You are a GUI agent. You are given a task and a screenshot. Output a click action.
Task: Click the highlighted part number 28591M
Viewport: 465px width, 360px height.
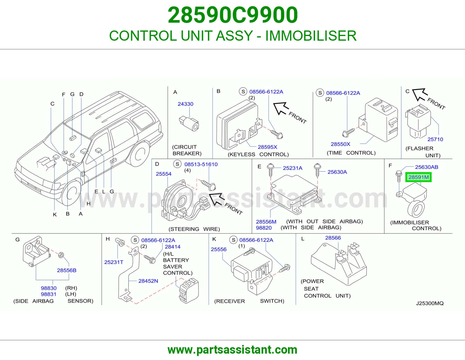click(x=418, y=177)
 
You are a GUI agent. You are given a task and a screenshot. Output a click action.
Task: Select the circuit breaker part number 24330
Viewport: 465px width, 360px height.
click(x=185, y=104)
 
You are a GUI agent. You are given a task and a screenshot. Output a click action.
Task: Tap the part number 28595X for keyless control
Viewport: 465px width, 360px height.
click(x=267, y=147)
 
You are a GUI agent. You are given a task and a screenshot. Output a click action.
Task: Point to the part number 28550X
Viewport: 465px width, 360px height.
click(x=340, y=144)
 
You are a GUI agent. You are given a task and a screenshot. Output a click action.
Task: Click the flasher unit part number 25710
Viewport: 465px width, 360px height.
click(x=435, y=139)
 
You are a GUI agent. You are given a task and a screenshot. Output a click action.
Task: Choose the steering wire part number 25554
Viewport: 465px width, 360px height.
click(x=164, y=174)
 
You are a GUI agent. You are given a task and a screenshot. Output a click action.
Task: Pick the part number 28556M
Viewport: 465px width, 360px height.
click(x=266, y=222)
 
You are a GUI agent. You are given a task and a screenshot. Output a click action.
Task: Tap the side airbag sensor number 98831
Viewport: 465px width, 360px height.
click(x=49, y=294)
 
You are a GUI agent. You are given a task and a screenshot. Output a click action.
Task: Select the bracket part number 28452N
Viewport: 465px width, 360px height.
click(x=148, y=281)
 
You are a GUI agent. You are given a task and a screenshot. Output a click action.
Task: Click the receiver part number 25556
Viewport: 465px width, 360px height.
click(x=219, y=249)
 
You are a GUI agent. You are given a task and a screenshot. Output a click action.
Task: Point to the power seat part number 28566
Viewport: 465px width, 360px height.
click(x=333, y=238)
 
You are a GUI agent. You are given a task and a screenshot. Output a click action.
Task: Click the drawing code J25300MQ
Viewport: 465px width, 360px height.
click(x=430, y=303)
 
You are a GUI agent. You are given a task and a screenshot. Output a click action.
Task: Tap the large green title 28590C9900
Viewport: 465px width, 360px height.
click(x=233, y=15)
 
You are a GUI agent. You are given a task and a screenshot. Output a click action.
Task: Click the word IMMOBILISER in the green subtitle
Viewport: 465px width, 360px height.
click(x=311, y=36)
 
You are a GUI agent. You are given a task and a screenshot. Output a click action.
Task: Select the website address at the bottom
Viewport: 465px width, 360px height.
click(x=233, y=350)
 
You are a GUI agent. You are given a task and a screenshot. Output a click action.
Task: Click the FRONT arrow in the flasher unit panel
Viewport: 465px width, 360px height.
click(x=420, y=95)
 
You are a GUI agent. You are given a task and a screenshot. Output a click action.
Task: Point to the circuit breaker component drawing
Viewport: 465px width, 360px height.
click(x=189, y=123)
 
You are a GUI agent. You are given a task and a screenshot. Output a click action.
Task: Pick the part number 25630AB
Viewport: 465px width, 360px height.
click(x=426, y=167)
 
